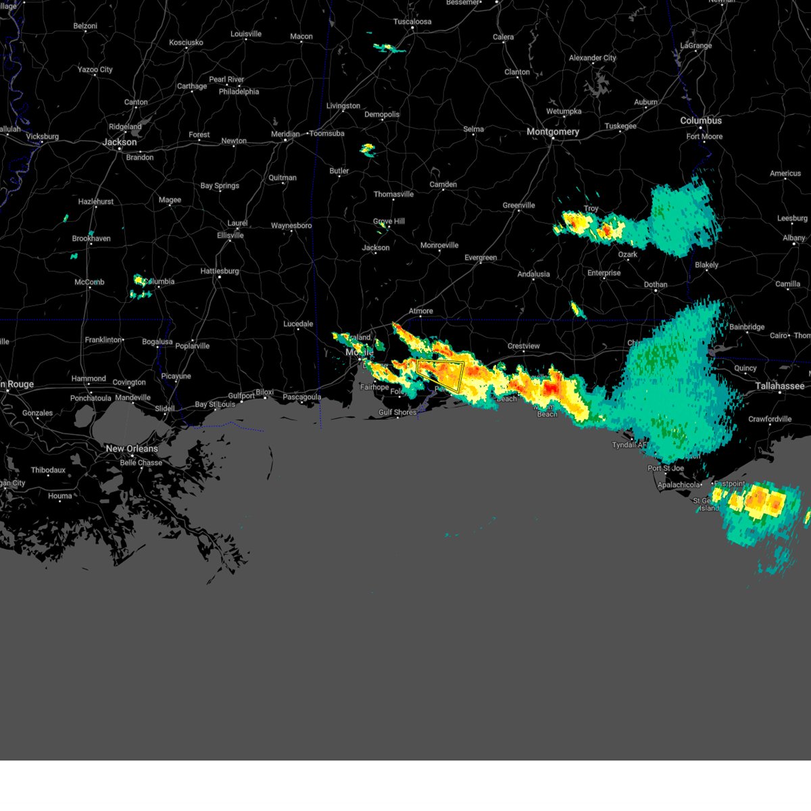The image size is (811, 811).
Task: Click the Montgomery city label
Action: click(553, 132)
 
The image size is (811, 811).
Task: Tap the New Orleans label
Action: click(132, 449)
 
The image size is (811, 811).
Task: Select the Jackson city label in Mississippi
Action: click(120, 142)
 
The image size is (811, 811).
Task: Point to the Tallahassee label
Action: click(780, 386)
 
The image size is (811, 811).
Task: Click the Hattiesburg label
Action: click(220, 271)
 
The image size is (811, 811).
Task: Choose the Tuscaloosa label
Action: click(412, 22)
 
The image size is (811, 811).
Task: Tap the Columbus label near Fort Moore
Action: click(701, 120)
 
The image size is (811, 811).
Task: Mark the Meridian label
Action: click(285, 134)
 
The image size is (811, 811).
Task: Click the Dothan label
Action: click(656, 285)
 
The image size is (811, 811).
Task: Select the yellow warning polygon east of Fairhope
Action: click(441, 374)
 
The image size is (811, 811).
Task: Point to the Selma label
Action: click(474, 129)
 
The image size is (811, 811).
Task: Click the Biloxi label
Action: click(264, 392)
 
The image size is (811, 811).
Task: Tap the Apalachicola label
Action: click(679, 485)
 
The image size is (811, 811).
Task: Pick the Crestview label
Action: click(524, 346)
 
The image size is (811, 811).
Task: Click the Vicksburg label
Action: click(42, 137)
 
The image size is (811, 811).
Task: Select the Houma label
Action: click(60, 496)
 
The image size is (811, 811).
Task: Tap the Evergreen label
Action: click(481, 257)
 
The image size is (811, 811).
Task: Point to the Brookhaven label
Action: click(91, 239)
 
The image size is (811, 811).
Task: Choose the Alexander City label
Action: click(593, 58)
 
